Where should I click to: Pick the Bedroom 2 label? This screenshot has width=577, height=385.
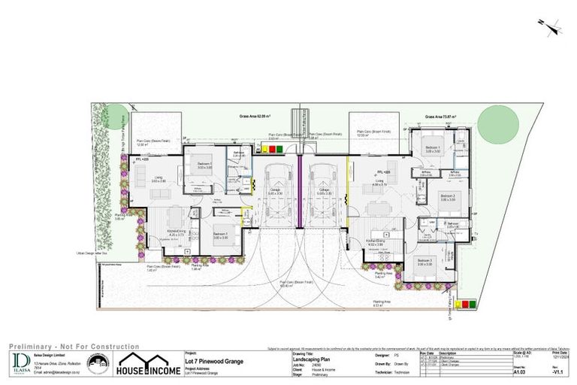[449, 197]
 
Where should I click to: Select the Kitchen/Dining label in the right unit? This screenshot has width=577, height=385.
[374, 241]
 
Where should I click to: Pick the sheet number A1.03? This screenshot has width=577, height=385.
[520, 371]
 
